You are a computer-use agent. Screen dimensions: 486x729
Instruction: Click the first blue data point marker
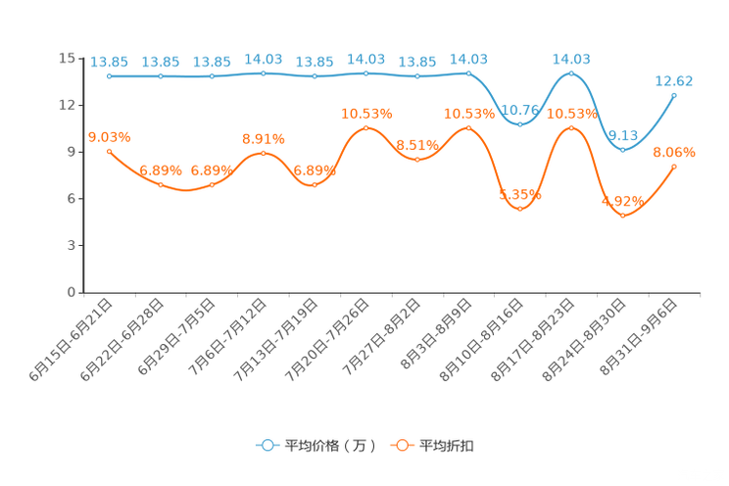pyautogui.click(x=109, y=75)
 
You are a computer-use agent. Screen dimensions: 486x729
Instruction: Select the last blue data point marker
pyautogui.click(x=674, y=94)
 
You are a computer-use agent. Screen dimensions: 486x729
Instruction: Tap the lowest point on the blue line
pyautogui.click(x=622, y=150)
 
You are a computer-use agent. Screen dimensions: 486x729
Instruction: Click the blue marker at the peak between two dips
pyautogui.click(x=571, y=73)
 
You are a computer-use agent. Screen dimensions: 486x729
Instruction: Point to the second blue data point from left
pyautogui.click(x=161, y=75)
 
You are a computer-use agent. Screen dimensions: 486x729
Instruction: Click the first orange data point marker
pyautogui.click(x=109, y=151)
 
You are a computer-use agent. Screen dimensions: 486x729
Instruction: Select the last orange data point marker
pyautogui.click(x=674, y=167)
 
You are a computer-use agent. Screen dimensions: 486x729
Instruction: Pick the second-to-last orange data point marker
pyautogui.click(x=623, y=215)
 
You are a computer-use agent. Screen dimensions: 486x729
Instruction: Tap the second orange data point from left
pyautogui.click(x=161, y=184)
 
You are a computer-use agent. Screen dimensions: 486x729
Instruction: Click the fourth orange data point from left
pyautogui.click(x=263, y=154)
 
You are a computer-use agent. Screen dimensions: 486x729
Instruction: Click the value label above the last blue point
pyautogui.click(x=674, y=80)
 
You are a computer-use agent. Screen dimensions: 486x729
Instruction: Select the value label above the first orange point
pyautogui.click(x=109, y=137)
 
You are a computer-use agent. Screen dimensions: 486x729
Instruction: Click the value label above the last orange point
pyautogui.click(x=674, y=152)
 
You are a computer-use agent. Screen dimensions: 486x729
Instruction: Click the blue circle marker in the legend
pyautogui.click(x=267, y=445)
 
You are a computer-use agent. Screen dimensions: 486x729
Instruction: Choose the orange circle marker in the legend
pyautogui.click(x=402, y=445)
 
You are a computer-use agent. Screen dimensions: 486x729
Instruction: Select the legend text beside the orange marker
pyautogui.click(x=447, y=446)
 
